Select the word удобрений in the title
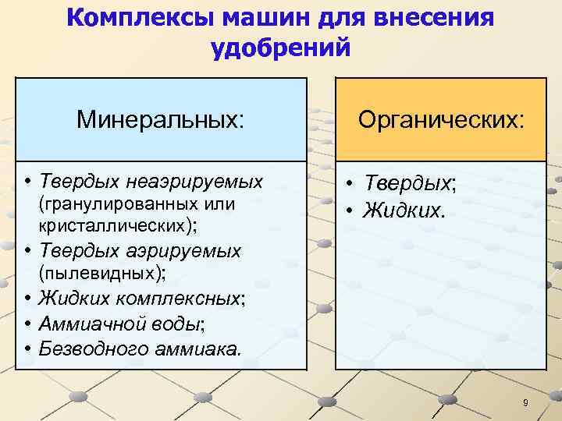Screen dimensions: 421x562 point(280,48)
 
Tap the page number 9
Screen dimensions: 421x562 point(525,403)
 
